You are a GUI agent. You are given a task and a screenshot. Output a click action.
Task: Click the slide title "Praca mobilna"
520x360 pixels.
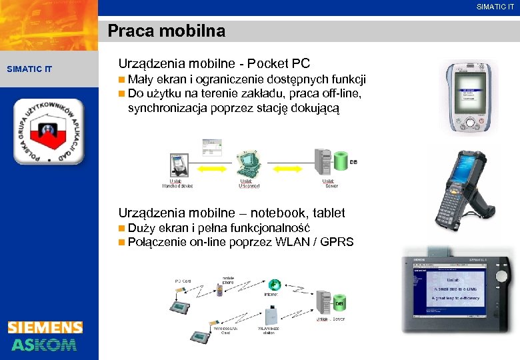coord(167,31)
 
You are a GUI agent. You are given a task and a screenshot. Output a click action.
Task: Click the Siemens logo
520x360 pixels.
coord(45,327)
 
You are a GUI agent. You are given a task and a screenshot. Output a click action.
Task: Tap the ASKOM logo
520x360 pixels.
coord(45,344)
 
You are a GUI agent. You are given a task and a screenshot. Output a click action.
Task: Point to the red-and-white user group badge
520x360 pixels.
coord(49,132)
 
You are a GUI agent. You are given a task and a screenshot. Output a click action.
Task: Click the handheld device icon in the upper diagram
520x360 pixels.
coord(177,163)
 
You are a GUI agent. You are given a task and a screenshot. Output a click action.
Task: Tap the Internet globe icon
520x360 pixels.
coord(274,283)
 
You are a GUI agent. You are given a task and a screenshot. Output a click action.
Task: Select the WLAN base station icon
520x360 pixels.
coord(271,315)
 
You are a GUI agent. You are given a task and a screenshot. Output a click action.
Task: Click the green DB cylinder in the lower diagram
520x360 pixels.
coord(339,304)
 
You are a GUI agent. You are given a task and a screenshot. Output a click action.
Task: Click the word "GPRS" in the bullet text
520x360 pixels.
coord(337,242)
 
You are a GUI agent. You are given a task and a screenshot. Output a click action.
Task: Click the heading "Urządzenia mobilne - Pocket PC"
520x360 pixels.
coord(214,64)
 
